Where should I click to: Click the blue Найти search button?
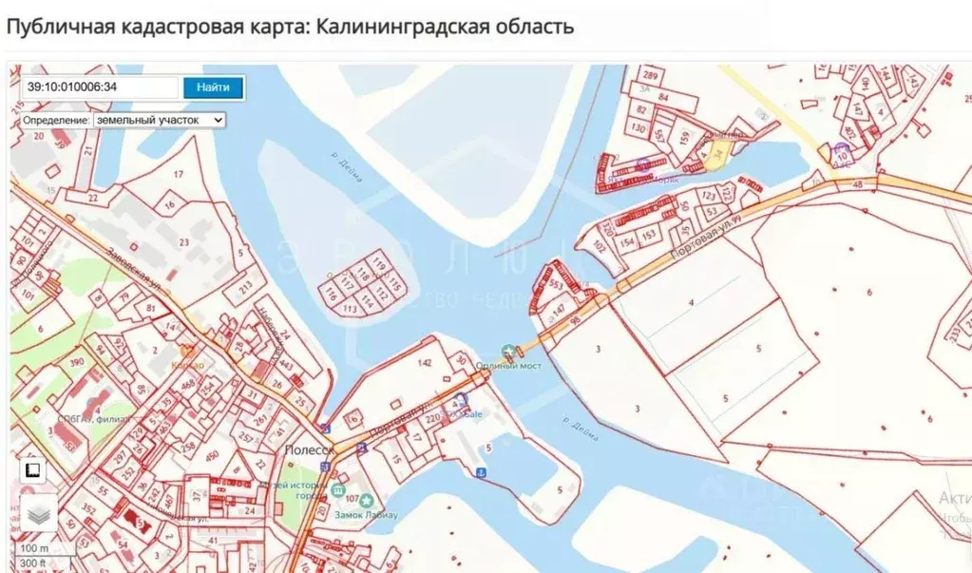tap(213, 87)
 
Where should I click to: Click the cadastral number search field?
tap(100, 87)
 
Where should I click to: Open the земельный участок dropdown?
tap(159, 121)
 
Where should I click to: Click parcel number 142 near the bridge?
tap(425, 363)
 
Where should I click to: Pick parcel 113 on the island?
tap(350, 309)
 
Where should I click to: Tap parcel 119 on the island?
tap(379, 262)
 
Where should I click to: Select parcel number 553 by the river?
tap(557, 284)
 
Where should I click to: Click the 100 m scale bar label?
tap(34, 548)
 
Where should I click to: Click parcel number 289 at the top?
tap(651, 75)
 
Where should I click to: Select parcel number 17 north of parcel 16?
tap(178, 174)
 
